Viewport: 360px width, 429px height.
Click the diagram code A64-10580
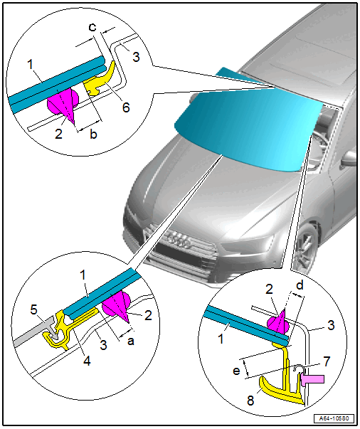click(334, 418)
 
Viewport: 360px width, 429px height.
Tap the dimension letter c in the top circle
click(93, 27)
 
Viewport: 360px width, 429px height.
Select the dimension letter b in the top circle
click(93, 134)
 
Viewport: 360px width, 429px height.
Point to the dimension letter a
click(131, 341)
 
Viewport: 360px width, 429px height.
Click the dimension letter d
click(300, 285)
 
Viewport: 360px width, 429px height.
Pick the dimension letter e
click(236, 371)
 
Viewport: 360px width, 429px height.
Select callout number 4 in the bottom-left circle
click(87, 361)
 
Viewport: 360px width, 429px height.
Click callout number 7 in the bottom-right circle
click(327, 361)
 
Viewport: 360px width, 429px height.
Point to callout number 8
click(250, 401)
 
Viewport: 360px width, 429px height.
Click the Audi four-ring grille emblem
click(179, 240)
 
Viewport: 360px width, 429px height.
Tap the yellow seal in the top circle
click(100, 80)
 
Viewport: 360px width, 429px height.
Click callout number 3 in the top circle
click(136, 57)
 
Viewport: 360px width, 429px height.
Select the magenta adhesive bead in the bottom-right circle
click(278, 322)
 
